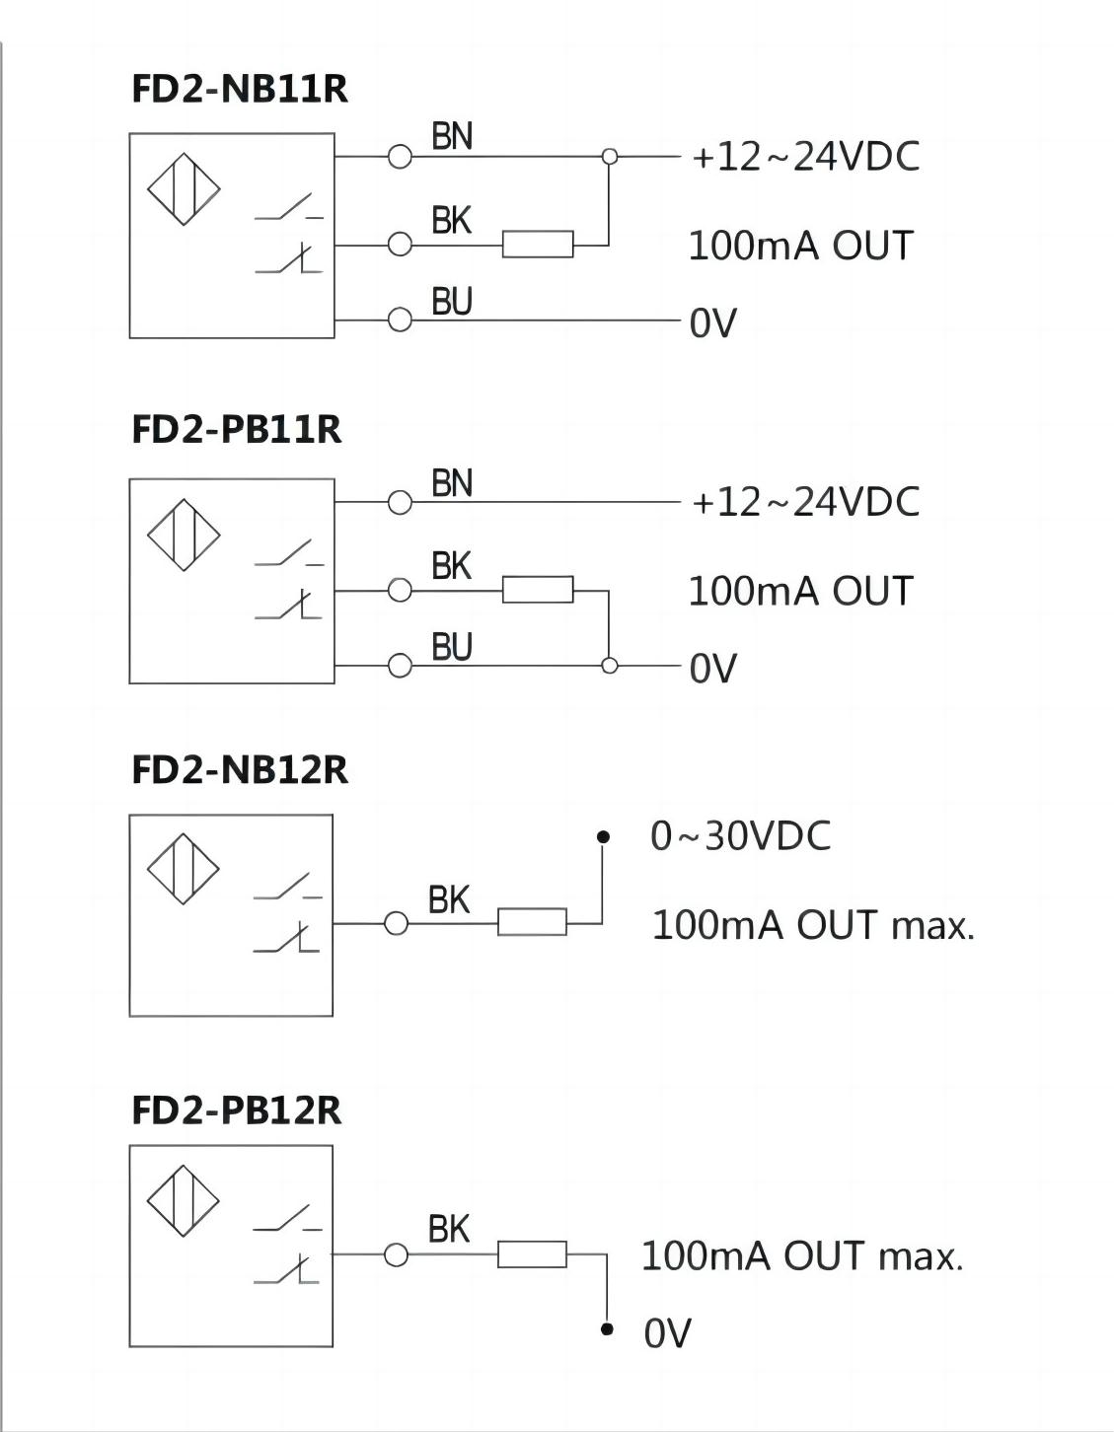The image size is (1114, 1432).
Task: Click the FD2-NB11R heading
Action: pos(240,89)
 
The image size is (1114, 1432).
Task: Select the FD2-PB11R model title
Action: pos(237,429)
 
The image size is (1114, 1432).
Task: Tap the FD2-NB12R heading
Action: pos(240,769)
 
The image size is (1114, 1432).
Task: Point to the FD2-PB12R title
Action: pos(237,1110)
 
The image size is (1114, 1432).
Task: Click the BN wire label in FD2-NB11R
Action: pos(452,137)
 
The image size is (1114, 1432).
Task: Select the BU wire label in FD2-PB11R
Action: pos(452,647)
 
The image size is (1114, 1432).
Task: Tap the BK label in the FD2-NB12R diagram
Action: pos(449,899)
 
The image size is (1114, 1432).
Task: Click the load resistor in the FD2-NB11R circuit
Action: pos(538,244)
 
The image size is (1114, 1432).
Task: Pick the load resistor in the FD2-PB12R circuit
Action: pos(533,1254)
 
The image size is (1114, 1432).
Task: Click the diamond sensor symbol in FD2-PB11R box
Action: pos(184,536)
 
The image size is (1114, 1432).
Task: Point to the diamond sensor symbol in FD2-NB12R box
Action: pos(184,869)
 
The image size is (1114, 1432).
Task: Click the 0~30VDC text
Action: pos(740,836)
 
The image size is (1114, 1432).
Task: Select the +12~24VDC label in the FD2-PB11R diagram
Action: pos(805,502)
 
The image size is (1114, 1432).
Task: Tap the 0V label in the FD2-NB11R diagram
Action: pos(712,322)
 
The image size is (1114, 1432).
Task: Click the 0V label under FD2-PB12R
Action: pos(667,1333)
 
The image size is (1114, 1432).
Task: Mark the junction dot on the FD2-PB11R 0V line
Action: pos(610,666)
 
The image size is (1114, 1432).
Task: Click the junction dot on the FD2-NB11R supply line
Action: pos(610,156)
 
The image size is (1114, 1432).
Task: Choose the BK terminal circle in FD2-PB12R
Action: pos(397,1254)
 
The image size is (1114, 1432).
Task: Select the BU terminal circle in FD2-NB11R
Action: pos(400,320)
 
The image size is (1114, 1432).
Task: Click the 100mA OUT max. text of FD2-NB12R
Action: pos(813,925)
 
